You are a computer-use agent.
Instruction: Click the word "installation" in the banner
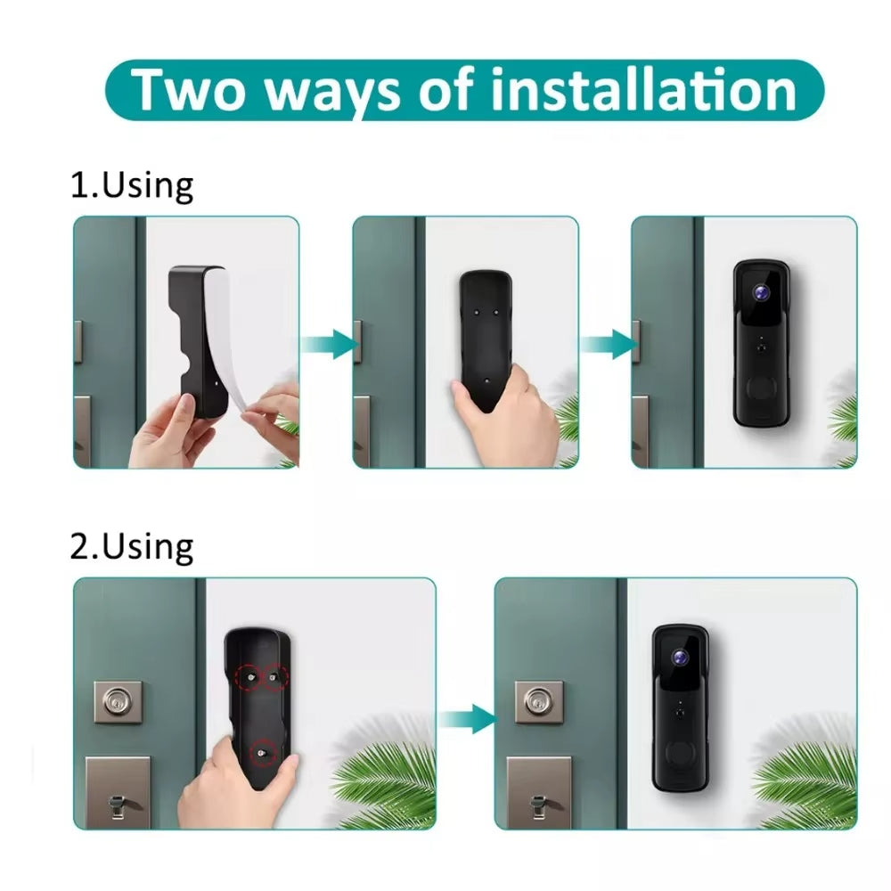pyautogui.click(x=643, y=90)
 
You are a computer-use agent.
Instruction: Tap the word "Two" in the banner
pyautogui.click(x=187, y=90)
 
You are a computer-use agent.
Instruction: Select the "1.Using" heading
pyautogui.click(x=132, y=186)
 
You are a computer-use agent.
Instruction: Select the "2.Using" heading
pyautogui.click(x=132, y=547)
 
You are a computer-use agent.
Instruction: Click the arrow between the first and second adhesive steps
pyautogui.click(x=329, y=344)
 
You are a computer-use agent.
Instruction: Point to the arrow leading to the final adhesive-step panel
pyautogui.click(x=608, y=344)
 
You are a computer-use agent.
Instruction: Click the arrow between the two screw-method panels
pyautogui.click(x=467, y=719)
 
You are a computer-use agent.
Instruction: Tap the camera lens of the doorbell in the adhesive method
pyautogui.click(x=762, y=292)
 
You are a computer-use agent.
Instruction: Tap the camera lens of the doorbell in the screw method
pyautogui.click(x=680, y=658)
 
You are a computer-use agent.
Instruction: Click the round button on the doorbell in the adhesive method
pyautogui.click(x=761, y=389)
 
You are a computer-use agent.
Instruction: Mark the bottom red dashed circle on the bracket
pyautogui.click(x=263, y=753)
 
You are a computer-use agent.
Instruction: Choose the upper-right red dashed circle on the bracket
pyautogui.click(x=274, y=677)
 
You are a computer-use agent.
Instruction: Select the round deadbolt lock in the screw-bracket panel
pyautogui.click(x=119, y=702)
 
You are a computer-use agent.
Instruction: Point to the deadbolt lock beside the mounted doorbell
pyautogui.click(x=539, y=702)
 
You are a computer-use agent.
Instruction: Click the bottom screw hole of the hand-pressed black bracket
pyautogui.click(x=486, y=380)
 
